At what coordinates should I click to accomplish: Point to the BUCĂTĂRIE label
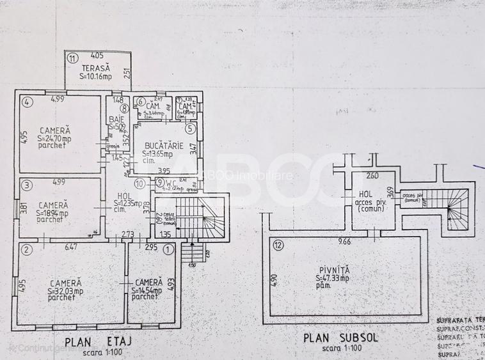tap(163, 146)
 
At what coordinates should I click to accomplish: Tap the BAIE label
tap(116, 119)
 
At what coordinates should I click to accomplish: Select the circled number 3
tap(26, 185)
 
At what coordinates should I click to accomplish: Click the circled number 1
tap(168, 249)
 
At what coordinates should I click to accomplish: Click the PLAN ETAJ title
tap(103, 341)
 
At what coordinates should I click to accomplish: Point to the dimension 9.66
tap(346, 242)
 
